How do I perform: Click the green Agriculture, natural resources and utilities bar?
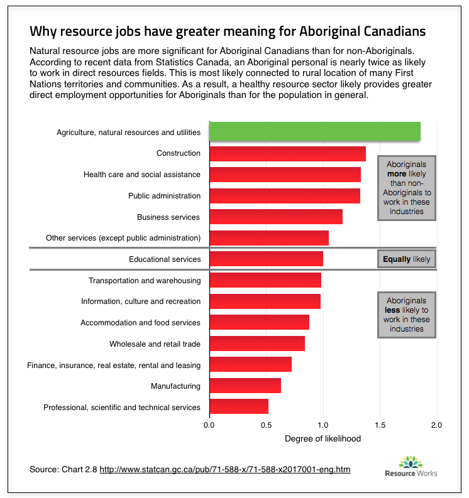tap(314, 132)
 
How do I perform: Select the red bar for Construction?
tap(287, 153)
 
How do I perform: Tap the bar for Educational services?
tap(266, 259)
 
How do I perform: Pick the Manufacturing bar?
tap(245, 386)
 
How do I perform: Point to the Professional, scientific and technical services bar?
tap(238, 406)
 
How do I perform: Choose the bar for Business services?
tap(275, 217)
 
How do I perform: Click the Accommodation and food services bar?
tap(259, 322)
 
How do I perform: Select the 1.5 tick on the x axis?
tap(380, 425)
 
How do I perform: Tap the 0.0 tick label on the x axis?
tap(209, 425)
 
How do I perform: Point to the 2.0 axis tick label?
tap(436, 425)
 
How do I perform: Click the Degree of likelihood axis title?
tap(323, 438)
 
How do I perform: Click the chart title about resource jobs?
tap(228, 31)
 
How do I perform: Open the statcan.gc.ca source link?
tap(224, 469)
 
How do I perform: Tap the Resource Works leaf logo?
tap(411, 462)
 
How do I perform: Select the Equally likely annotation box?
tap(407, 259)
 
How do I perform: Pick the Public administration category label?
tap(164, 195)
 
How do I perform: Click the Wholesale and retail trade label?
tap(155, 344)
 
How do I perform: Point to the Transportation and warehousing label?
tap(145, 280)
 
